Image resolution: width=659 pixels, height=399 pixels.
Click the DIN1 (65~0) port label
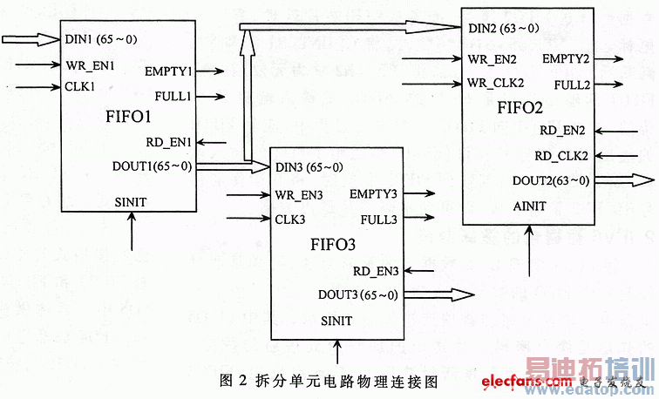coord(100,39)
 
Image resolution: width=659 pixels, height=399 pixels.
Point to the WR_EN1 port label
coord(90,64)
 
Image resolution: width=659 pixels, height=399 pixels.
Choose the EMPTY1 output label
coord(169,71)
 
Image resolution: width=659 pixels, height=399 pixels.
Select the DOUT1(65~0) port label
coord(153,166)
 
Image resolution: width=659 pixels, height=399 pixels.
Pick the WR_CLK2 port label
coord(496,84)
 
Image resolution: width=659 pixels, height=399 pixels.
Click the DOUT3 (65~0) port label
coord(357,294)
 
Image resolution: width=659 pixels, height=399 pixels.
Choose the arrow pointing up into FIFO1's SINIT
coord(132,232)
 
